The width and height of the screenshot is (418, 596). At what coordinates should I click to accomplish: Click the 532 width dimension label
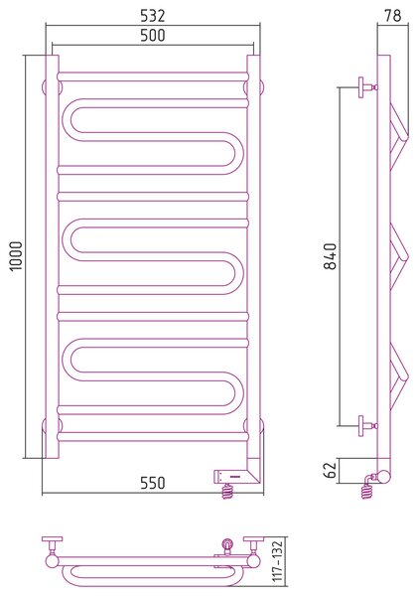point(153,16)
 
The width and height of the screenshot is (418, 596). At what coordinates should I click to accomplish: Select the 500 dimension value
point(153,36)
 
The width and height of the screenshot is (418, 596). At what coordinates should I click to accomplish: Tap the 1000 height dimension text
point(17,256)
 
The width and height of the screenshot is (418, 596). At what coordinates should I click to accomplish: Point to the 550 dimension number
point(153,483)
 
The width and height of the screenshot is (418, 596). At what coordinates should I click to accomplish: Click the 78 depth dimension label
point(393,16)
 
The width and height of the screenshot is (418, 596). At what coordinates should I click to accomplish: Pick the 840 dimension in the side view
point(331,256)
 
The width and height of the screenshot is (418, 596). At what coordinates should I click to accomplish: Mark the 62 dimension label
point(331,470)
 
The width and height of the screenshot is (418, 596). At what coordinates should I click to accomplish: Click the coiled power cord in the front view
point(226,491)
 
